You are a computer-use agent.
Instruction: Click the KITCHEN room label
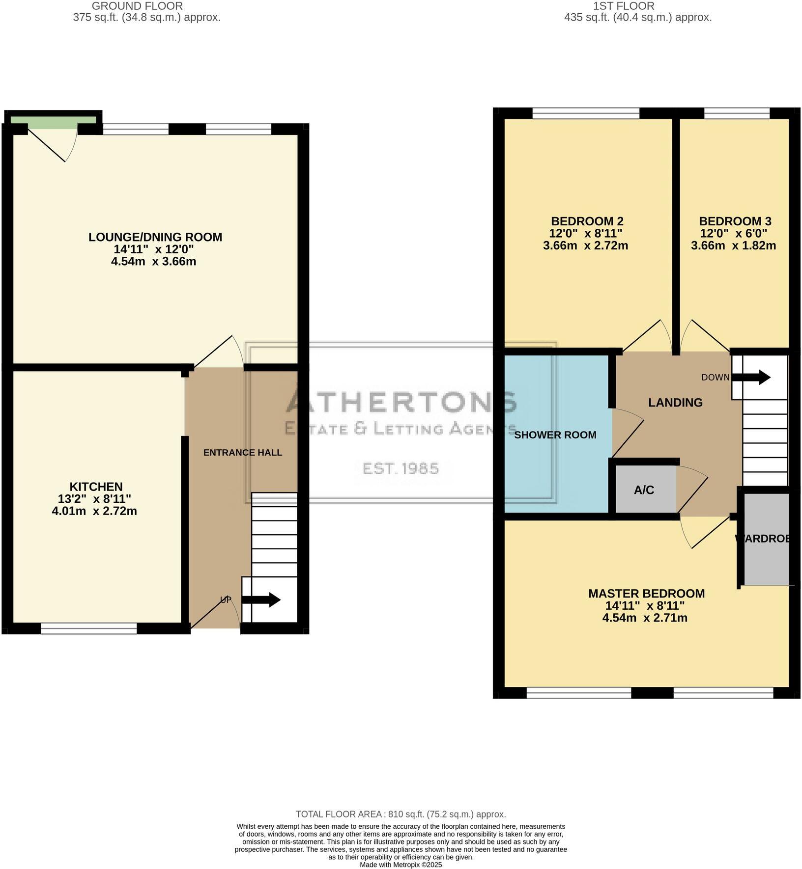click(x=96, y=487)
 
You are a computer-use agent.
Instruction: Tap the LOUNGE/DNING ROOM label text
click(x=155, y=237)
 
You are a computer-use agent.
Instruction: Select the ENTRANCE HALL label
click(x=243, y=452)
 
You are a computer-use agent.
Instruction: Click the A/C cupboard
click(x=644, y=489)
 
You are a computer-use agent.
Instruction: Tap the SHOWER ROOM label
click(x=555, y=434)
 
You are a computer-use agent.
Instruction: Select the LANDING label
click(x=675, y=403)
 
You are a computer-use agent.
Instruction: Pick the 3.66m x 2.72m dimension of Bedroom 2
click(x=585, y=245)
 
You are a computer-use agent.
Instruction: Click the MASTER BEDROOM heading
click(x=646, y=594)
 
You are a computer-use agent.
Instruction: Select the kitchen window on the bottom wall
click(x=88, y=628)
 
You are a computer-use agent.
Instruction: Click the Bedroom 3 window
click(x=736, y=113)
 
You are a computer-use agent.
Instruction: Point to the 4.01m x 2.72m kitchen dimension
click(x=94, y=511)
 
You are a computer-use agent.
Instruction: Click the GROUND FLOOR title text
click(x=138, y=6)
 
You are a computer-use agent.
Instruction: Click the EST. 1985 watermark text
click(x=401, y=468)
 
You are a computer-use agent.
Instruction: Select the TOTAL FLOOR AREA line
click(x=401, y=814)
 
